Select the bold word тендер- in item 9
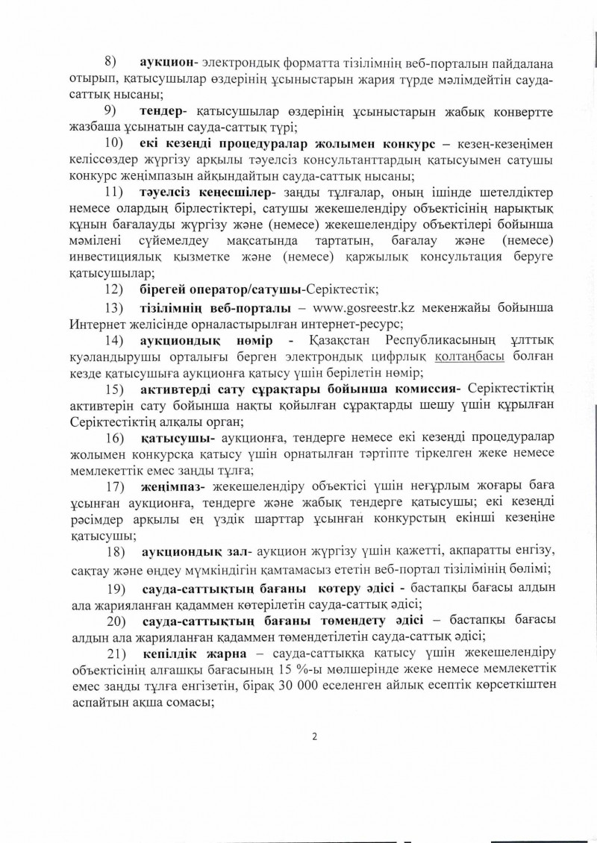(166, 110)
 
